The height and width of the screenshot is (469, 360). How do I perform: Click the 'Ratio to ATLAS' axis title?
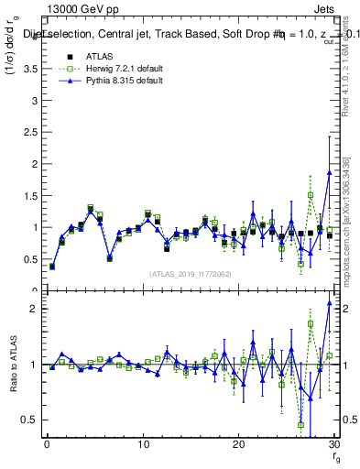click(14, 365)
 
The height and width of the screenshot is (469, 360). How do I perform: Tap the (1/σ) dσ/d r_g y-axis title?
click(14, 70)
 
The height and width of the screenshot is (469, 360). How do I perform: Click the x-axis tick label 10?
click(142, 446)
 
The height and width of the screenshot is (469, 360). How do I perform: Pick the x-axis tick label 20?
click(238, 446)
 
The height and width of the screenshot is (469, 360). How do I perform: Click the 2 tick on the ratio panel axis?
click(32, 309)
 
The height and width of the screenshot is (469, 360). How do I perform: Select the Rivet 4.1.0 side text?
click(353, 92)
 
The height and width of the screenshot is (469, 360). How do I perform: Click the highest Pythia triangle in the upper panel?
click(329, 172)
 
